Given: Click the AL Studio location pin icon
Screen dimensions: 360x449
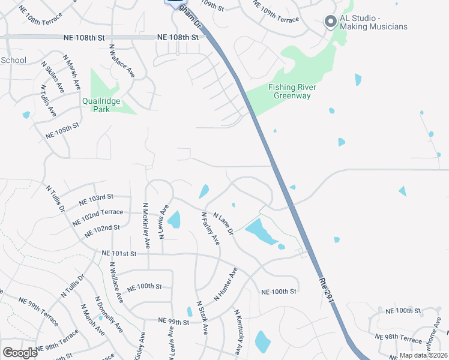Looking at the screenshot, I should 330,22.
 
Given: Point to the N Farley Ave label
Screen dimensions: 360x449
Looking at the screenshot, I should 210,229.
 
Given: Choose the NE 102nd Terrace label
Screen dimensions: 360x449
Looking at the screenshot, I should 97,216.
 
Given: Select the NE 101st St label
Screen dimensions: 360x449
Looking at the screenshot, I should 119,253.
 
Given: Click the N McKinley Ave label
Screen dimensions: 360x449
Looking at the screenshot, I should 145,226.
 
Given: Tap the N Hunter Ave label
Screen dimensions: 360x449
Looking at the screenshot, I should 226,286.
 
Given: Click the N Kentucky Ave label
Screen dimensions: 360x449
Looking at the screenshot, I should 240,331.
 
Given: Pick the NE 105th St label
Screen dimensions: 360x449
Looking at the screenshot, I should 62,132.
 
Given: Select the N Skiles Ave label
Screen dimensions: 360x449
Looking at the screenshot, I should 52,76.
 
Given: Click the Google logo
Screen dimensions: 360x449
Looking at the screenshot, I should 20,353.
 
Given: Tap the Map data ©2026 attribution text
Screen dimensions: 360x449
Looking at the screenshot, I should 424,356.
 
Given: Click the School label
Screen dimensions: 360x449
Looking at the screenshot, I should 14,60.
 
